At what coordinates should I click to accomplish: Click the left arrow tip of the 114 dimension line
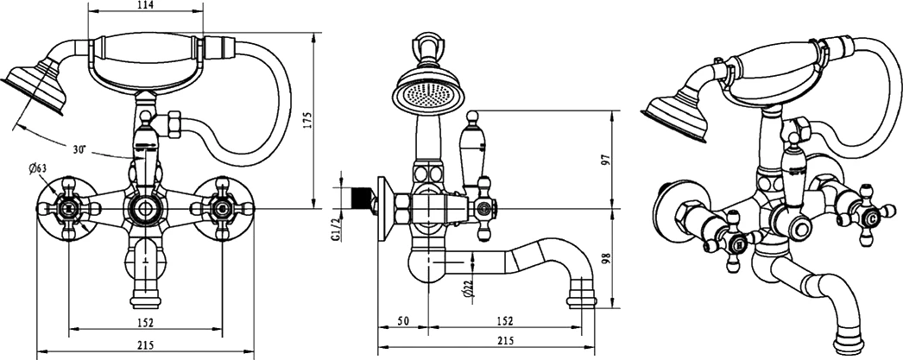(x=88, y=10)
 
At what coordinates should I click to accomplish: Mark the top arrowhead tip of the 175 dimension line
(x=314, y=34)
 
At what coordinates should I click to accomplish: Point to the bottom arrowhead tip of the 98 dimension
(x=611, y=308)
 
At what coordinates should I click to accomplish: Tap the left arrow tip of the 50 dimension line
(x=378, y=326)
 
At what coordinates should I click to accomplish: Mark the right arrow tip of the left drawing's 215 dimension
(x=254, y=351)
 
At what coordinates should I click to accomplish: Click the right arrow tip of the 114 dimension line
(x=203, y=10)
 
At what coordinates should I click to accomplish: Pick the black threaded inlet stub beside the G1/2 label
(x=360, y=197)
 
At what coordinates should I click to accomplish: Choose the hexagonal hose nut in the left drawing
(x=173, y=125)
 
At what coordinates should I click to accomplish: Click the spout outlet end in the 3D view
(x=849, y=344)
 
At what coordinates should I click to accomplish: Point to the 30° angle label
(x=79, y=149)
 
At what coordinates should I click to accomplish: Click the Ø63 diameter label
(x=38, y=168)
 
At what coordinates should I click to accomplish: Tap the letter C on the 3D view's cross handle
(x=873, y=219)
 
